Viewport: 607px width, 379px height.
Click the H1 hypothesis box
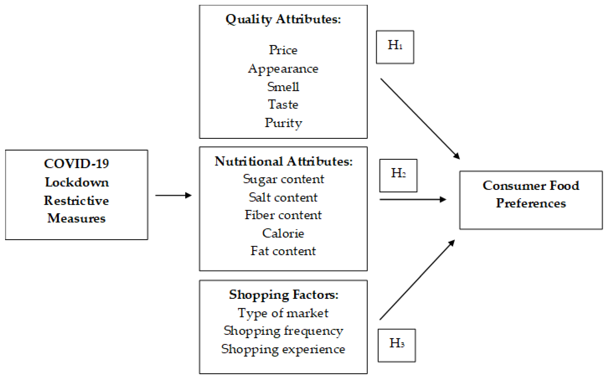(395, 47)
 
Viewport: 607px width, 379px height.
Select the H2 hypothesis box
(398, 175)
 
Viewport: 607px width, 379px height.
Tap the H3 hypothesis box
(397, 345)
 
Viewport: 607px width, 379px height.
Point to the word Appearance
(283, 69)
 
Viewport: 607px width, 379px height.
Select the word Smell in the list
(283, 87)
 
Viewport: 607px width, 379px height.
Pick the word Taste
(283, 104)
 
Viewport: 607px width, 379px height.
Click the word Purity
(283, 123)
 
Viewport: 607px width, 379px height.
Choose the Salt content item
(283, 197)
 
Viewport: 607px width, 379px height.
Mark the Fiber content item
(283, 215)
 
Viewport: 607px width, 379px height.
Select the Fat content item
(283, 251)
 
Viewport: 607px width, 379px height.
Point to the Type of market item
(283, 313)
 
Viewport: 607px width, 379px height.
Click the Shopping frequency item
(283, 331)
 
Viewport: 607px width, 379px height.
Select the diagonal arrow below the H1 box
(420, 119)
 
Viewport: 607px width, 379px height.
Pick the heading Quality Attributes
(283, 19)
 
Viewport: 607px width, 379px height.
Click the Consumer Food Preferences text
(531, 194)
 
